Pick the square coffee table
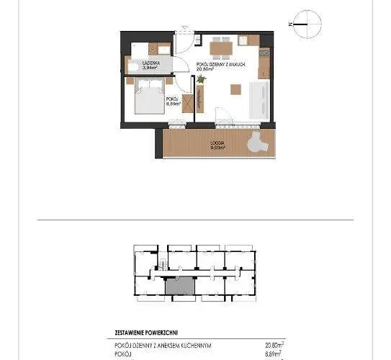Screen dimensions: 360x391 (x=236, y=90)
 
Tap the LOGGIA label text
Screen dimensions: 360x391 (x=218, y=143)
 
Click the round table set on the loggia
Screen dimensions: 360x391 (x=256, y=145)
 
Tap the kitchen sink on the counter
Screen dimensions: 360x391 (x=264, y=54)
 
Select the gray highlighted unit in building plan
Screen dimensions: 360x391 (x=179, y=284)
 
